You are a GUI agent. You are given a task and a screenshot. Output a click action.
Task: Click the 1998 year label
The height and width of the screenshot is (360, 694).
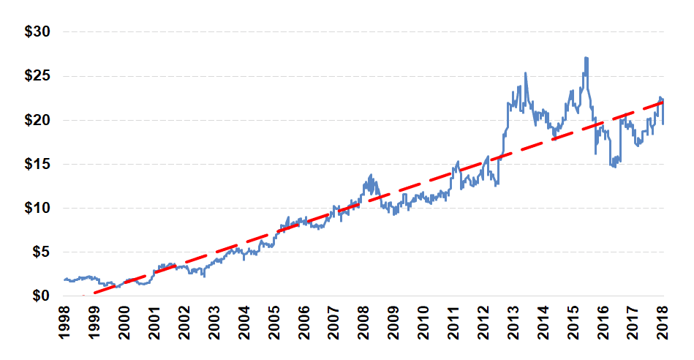[64, 323]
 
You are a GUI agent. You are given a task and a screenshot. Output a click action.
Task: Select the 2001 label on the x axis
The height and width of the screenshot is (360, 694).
[154, 323]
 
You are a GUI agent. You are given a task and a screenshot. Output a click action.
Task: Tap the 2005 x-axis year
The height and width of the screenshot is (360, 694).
[274, 323]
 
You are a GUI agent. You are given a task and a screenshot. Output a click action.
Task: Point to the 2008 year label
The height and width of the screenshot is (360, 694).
[363, 323]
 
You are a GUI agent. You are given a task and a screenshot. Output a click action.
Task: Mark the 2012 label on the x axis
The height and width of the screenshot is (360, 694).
[483, 323]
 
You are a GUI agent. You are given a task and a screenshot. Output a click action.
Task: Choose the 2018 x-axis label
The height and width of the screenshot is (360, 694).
[663, 323]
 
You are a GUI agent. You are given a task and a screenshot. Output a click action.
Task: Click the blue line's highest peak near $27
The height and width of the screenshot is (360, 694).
[586, 58]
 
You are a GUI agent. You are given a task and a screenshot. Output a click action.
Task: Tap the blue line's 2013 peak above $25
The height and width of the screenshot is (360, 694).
[526, 73]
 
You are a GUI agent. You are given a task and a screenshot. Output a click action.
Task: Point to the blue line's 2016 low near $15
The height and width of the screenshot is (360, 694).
[614, 167]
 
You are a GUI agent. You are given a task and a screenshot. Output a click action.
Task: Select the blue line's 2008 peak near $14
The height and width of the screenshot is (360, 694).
[371, 175]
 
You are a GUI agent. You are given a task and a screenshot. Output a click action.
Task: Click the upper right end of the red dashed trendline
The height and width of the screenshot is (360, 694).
[662, 102]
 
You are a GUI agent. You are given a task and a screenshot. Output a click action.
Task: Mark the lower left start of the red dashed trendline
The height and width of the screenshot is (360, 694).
[94, 293]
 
